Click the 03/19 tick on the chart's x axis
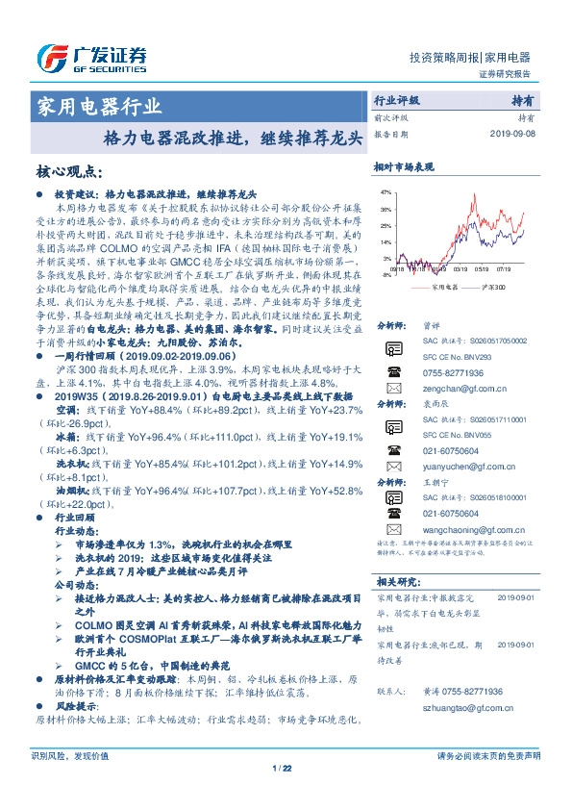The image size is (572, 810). [x=460, y=270]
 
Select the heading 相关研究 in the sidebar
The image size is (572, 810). [x=396, y=581]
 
